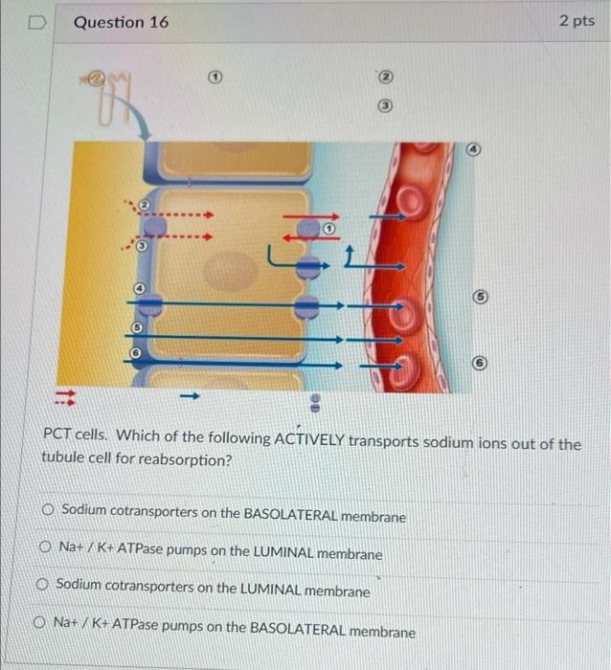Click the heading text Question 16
coord(121,21)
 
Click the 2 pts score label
coord(577,21)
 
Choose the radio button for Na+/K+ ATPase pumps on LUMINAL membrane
coord(45,551)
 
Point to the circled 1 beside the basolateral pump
coord(328,229)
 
